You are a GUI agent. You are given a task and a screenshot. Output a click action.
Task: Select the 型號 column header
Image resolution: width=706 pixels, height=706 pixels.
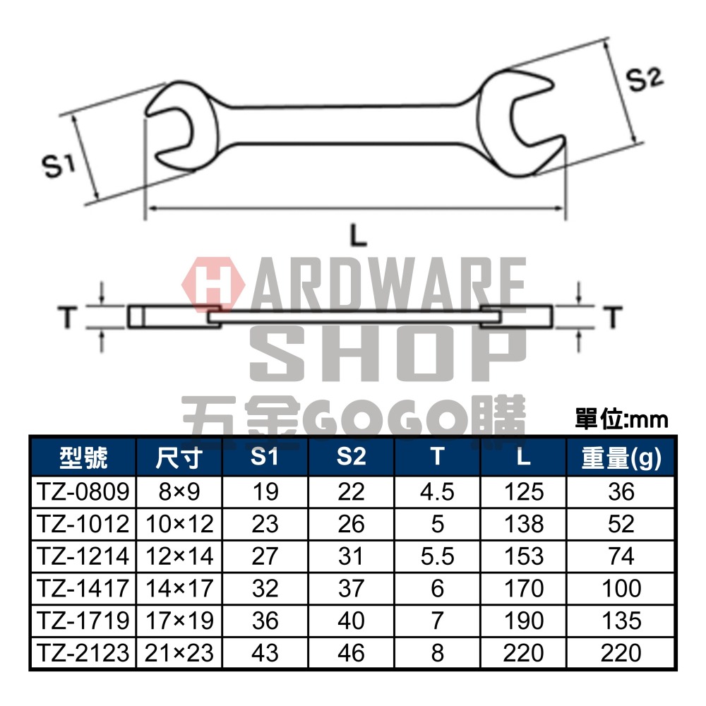83,458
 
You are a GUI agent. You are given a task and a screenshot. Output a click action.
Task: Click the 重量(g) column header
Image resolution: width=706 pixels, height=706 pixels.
621,458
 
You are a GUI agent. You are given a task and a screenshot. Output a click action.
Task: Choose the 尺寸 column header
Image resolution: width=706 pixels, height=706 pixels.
179,458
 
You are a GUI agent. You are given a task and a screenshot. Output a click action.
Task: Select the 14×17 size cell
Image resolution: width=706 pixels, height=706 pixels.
179,588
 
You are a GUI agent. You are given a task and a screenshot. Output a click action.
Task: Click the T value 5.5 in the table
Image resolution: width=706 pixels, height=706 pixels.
438,556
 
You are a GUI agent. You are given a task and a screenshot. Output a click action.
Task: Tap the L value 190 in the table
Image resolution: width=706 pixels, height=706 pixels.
523,621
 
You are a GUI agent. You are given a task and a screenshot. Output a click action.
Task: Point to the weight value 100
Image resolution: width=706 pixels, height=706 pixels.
621,588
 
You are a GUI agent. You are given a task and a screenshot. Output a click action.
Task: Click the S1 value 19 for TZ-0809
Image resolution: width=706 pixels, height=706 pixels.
265,491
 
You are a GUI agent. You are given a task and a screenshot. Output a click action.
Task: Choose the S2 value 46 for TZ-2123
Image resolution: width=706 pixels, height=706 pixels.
351,652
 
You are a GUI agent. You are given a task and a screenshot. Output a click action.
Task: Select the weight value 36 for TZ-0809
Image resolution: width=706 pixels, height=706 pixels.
621,491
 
